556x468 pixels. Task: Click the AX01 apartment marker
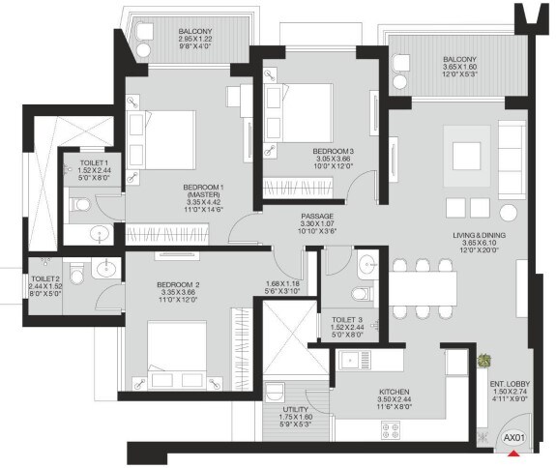click(x=512, y=437)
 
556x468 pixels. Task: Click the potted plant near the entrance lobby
click(x=483, y=360)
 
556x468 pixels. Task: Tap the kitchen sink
click(x=352, y=362)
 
